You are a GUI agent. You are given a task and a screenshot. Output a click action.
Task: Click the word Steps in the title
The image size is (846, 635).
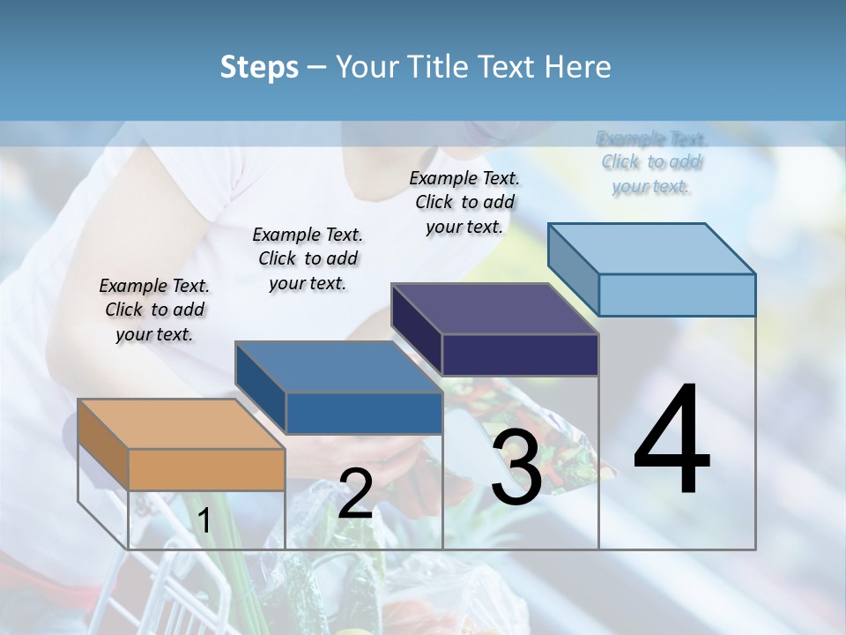(x=259, y=67)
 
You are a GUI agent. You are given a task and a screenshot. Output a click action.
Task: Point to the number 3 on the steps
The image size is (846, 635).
(x=516, y=467)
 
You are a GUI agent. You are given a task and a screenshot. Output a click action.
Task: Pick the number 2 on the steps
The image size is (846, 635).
(x=355, y=494)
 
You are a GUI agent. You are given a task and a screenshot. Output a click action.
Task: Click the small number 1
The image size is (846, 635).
(x=204, y=520)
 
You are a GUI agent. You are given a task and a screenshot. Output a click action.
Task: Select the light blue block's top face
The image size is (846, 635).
(x=652, y=249)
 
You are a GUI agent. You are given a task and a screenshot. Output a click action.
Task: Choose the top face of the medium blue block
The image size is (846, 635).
(x=338, y=367)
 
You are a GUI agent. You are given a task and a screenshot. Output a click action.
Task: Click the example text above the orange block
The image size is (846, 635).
(x=154, y=310)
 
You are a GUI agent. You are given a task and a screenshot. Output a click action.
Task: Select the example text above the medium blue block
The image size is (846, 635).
(x=308, y=258)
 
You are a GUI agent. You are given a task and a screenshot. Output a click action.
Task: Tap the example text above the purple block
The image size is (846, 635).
(x=464, y=202)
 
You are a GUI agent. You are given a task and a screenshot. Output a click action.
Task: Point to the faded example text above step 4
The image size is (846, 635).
(x=651, y=162)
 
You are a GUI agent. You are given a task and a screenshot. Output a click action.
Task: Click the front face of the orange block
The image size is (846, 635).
(x=207, y=469)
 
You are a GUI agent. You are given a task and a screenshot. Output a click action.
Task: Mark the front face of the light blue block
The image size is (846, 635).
(x=677, y=295)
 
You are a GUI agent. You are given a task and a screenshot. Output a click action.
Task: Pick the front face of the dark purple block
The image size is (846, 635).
(x=520, y=355)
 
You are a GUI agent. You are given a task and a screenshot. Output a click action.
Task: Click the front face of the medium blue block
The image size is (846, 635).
(x=364, y=413)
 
